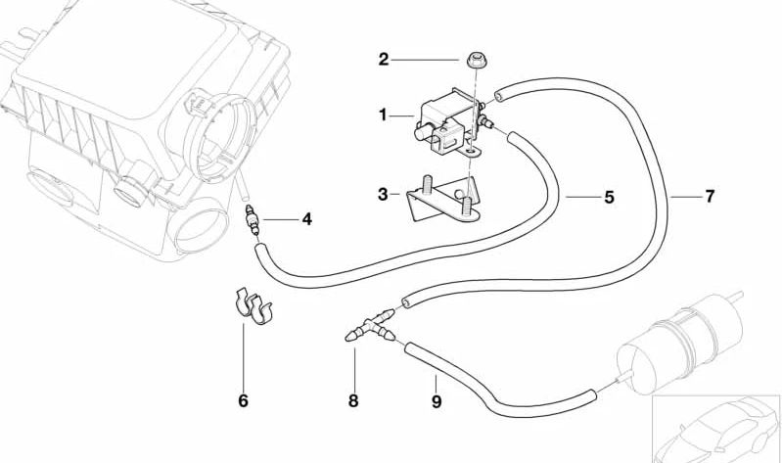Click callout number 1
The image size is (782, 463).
pyautogui.click(x=383, y=116)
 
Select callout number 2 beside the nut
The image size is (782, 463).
pyautogui.click(x=383, y=60)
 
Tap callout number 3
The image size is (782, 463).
pyautogui.click(x=383, y=194)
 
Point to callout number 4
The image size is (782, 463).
pyautogui.click(x=306, y=219)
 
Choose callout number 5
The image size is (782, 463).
pyautogui.click(x=609, y=197)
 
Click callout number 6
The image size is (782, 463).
pyautogui.click(x=243, y=400)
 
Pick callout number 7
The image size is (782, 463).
pyautogui.click(x=710, y=197)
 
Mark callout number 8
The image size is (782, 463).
pyautogui.click(x=353, y=400)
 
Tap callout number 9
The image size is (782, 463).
pyautogui.click(x=437, y=400)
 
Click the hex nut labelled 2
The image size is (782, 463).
pyautogui.click(x=478, y=61)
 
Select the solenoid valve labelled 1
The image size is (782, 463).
pyautogui.click(x=449, y=122)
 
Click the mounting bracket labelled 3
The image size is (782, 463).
pyautogui.click(x=442, y=198)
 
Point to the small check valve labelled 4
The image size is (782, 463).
pyautogui.click(x=252, y=220)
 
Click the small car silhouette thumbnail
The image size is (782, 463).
pyautogui.click(x=716, y=429)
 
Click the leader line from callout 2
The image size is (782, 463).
pyautogui.click(x=426, y=60)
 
